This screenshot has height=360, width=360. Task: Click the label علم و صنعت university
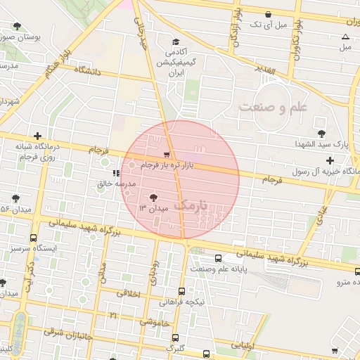point(274,107)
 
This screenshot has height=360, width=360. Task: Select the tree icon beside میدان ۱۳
point(153,197)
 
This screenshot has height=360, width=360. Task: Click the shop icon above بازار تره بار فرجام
point(166,154)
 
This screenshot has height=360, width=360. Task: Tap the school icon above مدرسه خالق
point(115,172)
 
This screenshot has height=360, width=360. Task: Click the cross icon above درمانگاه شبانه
point(37,136)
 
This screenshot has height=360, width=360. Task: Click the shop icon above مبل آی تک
point(268,14)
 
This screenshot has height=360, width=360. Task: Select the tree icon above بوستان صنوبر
point(16,26)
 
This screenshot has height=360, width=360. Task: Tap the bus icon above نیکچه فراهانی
point(182,291)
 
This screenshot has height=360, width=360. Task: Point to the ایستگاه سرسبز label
point(28,248)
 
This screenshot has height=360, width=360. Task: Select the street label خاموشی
point(153,323)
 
